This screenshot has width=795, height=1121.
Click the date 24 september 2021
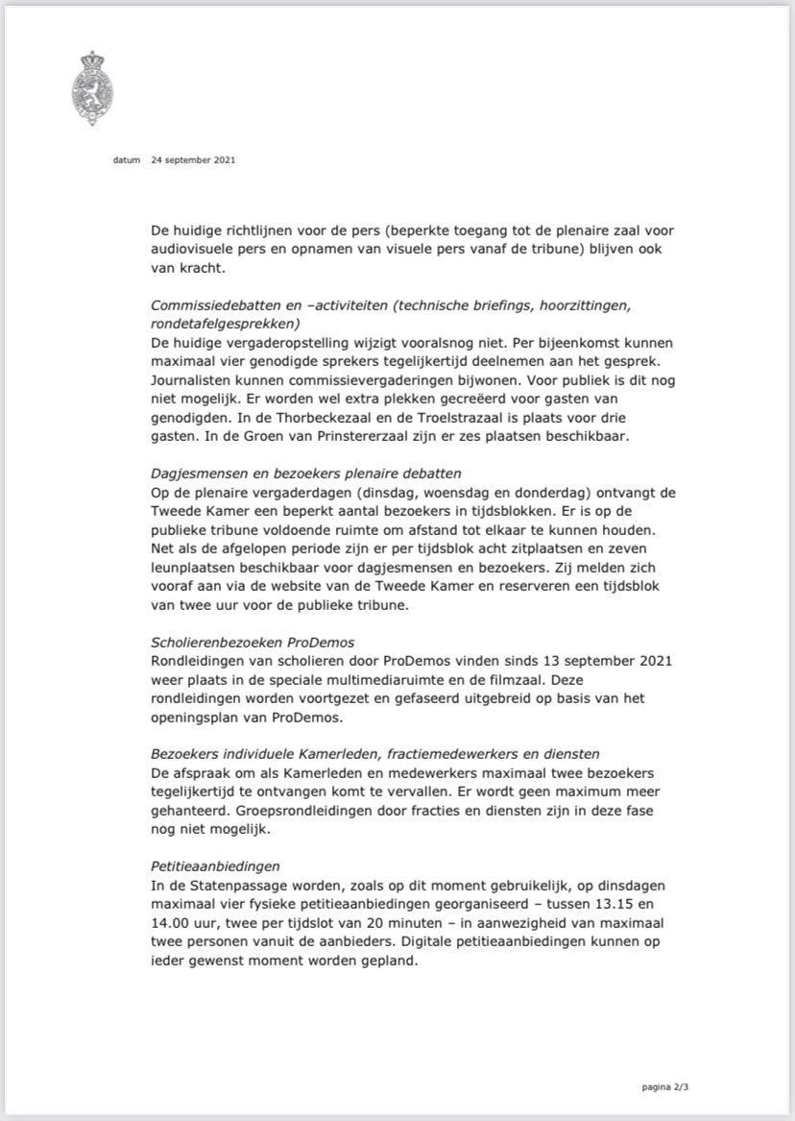tap(193, 160)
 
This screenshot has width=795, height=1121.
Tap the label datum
tap(126, 160)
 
